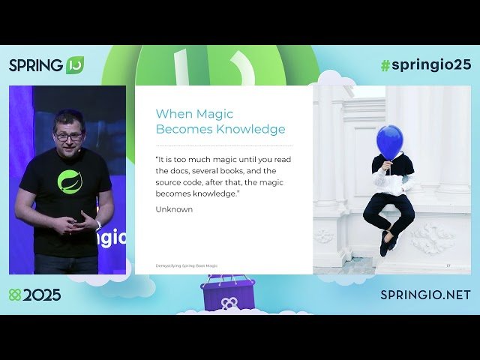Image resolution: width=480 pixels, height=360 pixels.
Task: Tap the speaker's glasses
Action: click(x=68, y=136)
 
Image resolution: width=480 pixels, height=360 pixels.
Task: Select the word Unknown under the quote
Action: click(x=174, y=209)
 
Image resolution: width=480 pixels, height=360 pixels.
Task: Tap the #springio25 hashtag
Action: click(x=425, y=64)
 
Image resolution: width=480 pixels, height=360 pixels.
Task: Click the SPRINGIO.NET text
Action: click(x=425, y=295)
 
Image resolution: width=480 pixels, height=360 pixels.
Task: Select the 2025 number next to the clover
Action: click(x=42, y=295)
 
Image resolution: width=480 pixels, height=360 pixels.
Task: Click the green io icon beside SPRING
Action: click(x=75, y=64)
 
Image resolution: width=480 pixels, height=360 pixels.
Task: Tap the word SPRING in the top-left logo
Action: click(x=36, y=65)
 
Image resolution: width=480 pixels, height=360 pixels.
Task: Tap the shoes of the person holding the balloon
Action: click(x=386, y=242)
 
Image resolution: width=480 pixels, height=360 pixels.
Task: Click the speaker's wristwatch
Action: click(x=97, y=225)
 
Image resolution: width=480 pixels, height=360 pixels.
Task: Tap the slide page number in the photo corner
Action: click(x=448, y=265)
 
